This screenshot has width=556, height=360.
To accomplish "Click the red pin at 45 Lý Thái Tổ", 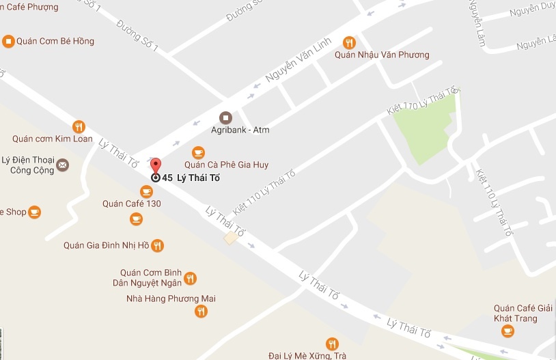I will (155, 166).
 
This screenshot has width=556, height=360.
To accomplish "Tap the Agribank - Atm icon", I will (225, 117).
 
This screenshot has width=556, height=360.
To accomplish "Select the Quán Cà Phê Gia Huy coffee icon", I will (198, 152).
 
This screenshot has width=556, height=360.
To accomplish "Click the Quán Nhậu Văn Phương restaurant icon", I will (349, 42).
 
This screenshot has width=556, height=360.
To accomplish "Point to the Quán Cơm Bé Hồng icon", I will (8, 41).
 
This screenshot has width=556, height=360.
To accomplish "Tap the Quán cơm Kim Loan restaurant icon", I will (79, 126).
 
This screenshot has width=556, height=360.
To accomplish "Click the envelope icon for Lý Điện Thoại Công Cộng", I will (62, 164).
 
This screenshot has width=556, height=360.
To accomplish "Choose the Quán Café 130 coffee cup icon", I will (146, 191).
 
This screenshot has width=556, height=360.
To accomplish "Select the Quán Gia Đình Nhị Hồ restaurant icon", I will (158, 245).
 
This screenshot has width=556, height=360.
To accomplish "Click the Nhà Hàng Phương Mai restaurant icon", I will (201, 311).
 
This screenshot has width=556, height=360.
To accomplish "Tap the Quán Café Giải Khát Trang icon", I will (507, 331).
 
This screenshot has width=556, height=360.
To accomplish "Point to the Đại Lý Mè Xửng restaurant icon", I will (332, 344).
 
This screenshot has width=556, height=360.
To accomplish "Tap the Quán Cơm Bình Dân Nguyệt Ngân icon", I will (191, 278).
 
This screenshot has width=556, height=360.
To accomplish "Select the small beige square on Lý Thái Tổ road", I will (232, 237).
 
